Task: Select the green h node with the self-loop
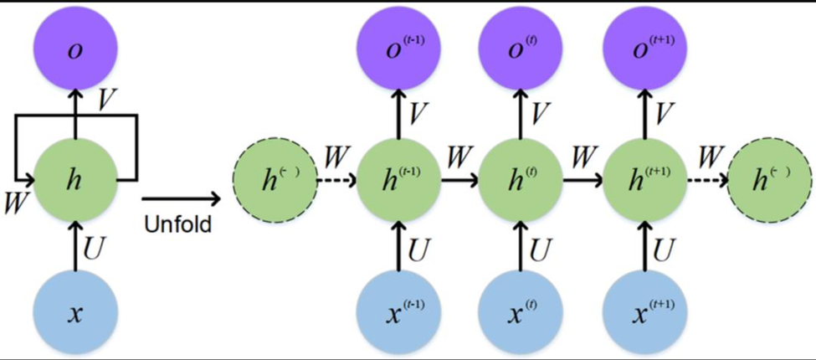(75, 179)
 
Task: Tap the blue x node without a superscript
(75, 315)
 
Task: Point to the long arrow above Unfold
(180, 199)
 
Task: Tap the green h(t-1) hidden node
(398, 179)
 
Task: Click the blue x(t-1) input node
(398, 315)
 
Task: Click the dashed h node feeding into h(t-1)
(276, 181)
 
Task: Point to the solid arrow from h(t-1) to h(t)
(459, 179)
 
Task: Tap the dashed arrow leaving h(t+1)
(707, 179)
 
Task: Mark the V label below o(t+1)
(665, 111)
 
